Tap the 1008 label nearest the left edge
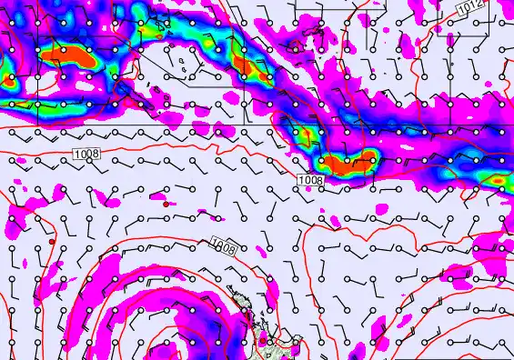[86, 155]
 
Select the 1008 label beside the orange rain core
[309, 180]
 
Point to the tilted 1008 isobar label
[224, 245]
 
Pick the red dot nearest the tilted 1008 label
[165, 205]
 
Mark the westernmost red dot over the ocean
[52, 243]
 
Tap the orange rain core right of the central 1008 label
[349, 165]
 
